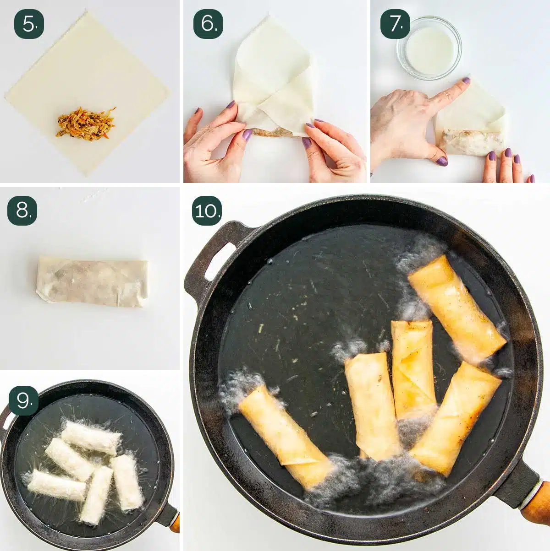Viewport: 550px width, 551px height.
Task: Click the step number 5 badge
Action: [29, 24]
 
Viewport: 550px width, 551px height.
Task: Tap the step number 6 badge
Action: [208, 24]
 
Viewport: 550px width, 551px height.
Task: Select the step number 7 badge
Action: [395, 24]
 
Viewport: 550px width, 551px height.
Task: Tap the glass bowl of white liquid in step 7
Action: [429, 48]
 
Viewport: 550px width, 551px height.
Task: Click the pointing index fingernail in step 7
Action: [466, 81]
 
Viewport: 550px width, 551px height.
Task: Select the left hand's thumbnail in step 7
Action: [441, 161]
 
